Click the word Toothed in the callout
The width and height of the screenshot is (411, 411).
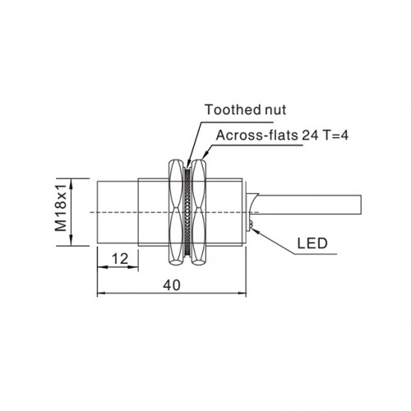230,109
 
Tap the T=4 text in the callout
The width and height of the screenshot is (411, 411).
335,135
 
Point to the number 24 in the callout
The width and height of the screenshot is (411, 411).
310,135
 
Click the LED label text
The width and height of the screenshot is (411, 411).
312,243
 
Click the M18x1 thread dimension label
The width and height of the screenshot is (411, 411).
61,207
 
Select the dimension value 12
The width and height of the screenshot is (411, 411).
120,259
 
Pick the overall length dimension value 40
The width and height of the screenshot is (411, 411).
172,285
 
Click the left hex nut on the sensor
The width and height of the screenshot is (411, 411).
175,212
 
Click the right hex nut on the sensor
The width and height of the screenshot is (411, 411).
199,212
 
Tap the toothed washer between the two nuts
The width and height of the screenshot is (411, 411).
187,212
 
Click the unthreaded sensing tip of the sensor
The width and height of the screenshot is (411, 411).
118,212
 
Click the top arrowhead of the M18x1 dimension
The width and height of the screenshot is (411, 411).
72,183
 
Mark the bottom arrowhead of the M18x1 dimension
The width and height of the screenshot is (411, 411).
72,241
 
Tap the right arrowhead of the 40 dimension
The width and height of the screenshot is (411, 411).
242,293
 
